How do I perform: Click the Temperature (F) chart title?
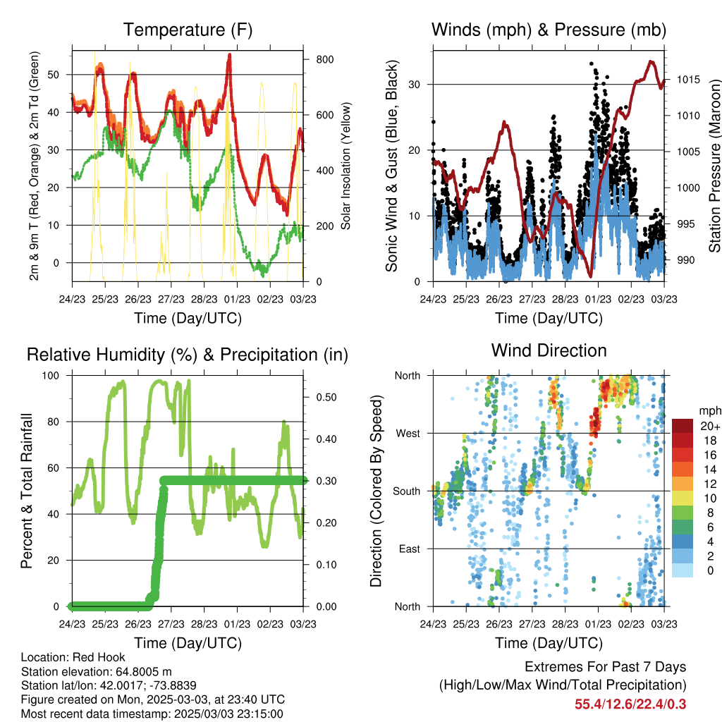188,30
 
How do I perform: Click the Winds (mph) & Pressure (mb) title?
549,30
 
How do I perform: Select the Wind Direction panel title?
549,350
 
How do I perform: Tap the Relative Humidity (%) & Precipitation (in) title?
188,355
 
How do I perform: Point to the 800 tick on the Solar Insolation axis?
325,59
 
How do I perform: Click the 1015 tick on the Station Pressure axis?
688,80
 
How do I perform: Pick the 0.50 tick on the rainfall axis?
326,398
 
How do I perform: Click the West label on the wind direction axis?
408,434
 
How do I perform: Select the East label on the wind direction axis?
410,549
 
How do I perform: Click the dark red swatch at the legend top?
683,426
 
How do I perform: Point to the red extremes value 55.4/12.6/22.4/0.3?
630,704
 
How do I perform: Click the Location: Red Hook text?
73,657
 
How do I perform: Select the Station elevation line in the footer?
96,671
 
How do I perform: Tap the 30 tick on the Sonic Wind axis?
415,85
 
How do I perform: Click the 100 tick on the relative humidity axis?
51,375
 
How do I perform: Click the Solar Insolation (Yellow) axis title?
345,166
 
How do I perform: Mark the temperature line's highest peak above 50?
229,55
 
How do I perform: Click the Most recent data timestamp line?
152,714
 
